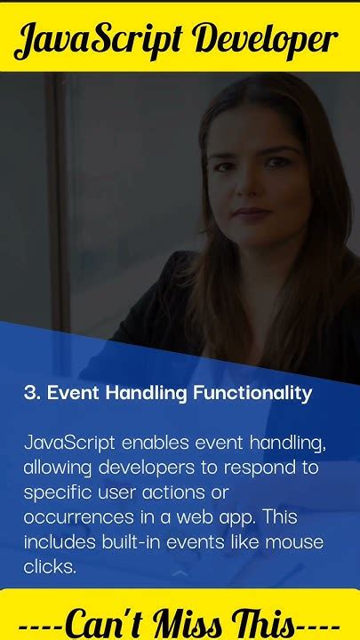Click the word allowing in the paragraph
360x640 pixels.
click(x=57, y=467)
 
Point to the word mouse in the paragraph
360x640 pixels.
click(x=300, y=540)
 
